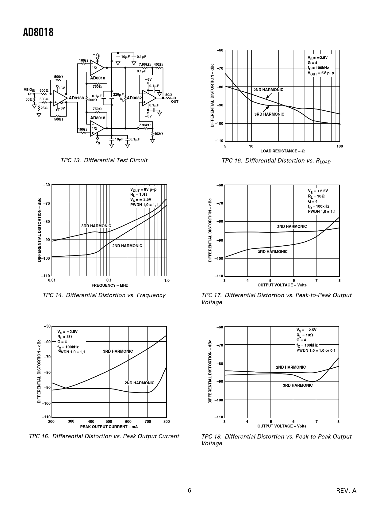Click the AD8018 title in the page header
click(x=38, y=32)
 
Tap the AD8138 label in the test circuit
click(x=76, y=98)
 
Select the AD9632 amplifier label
click(x=134, y=98)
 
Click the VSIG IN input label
click(x=30, y=90)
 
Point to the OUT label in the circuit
click(x=174, y=102)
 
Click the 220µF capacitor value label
click(x=118, y=94)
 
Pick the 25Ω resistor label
click(x=44, y=108)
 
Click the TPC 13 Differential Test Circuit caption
click(x=104, y=160)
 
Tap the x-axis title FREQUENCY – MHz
click(x=109, y=285)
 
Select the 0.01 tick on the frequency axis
click(x=52, y=280)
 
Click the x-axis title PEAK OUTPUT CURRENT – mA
click(x=109, y=427)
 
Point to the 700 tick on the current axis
click(x=148, y=421)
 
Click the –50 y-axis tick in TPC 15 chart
click(x=47, y=326)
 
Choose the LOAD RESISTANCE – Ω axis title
click(x=282, y=151)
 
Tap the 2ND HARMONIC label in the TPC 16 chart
click(x=268, y=90)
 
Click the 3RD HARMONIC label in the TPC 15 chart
click(x=118, y=351)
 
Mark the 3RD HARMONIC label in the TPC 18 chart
click(x=297, y=385)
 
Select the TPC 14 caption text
click(x=104, y=295)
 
